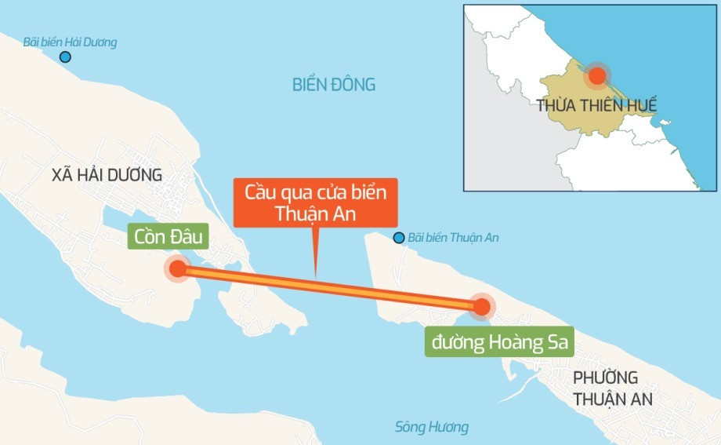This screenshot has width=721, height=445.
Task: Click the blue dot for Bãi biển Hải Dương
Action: [65, 57]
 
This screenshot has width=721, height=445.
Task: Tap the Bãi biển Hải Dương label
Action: [70, 42]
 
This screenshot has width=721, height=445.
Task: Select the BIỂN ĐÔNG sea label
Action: [334, 85]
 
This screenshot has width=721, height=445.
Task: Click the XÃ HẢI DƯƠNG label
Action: [107, 175]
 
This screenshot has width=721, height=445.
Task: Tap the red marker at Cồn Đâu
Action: [178, 269]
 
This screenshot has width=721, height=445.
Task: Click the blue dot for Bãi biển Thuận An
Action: [400, 238]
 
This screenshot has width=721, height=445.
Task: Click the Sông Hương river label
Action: [431, 427]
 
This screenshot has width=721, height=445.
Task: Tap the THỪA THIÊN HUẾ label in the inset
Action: [596, 104]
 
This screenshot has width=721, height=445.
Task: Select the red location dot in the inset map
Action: [597, 76]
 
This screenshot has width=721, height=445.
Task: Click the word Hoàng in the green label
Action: [514, 341]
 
